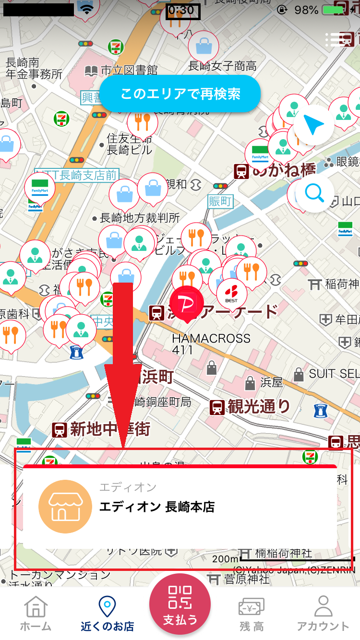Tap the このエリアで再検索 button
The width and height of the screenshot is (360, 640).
180,94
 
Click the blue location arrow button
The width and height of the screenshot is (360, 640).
314,125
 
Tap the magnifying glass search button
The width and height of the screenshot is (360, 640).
314,193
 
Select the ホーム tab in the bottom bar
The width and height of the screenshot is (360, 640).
36,613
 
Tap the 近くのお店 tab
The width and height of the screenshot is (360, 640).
107,613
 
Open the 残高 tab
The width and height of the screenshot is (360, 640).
252,613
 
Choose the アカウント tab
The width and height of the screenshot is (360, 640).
323,613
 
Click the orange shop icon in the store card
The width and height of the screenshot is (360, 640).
65,507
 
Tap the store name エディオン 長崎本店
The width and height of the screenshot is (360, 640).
156,507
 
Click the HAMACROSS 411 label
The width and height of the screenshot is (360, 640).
211,344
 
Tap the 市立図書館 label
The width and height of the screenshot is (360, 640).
129,71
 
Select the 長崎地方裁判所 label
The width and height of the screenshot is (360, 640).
140,218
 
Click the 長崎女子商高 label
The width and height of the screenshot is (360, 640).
222,66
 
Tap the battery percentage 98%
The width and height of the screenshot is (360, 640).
306,10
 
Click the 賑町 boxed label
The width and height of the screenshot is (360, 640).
220,201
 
